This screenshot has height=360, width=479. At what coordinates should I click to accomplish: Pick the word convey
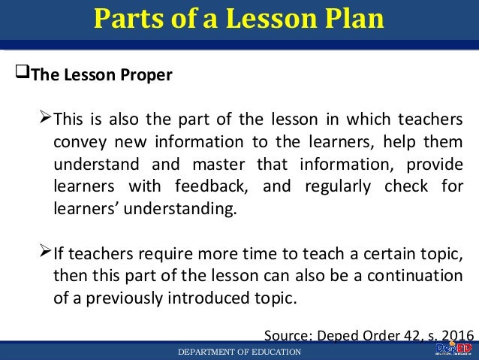(77, 143)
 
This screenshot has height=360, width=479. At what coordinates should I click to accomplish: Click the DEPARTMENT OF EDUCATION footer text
(239, 352)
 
